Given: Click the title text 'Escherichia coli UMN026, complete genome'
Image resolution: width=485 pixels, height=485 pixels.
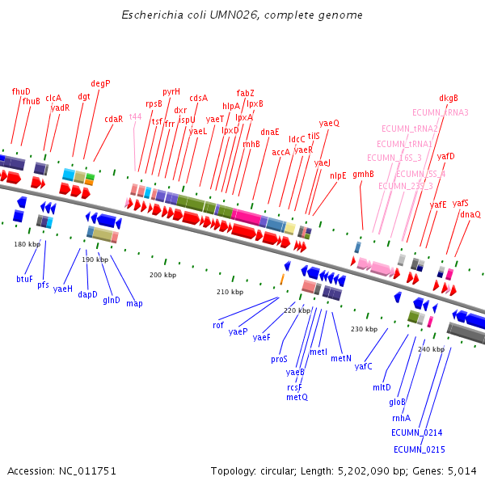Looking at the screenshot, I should tap(242, 15).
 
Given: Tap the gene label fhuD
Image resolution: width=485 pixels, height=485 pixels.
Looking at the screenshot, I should tap(21, 91).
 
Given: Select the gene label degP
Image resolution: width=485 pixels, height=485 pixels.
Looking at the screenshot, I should tap(100, 83).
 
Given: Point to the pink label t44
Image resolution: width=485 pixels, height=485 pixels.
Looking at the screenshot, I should tap(136, 116).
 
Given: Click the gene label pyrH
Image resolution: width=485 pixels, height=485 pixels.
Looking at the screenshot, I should tap(171, 91).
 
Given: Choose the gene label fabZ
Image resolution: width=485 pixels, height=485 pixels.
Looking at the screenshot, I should tap(245, 93).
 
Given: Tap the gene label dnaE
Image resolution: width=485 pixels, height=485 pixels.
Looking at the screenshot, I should tap(270, 132).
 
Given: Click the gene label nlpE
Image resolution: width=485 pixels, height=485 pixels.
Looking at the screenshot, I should tap(338, 175).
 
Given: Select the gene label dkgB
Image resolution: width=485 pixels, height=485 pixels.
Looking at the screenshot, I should tap(449, 98).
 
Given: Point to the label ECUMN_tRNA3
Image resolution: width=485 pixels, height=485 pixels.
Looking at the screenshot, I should tap(440, 112).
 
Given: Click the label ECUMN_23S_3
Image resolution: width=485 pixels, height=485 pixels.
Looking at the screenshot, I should tap(405, 186).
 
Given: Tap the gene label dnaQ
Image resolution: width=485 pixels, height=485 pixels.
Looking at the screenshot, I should tap(470, 214).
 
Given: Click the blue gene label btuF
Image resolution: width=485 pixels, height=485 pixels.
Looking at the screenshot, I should tap(25, 279).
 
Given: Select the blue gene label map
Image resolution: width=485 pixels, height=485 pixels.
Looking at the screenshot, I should tap(134, 303).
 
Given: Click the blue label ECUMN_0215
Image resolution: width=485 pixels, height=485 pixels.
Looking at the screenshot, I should tap(419, 449).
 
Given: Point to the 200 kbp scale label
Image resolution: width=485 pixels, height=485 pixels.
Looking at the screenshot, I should tap(162, 275).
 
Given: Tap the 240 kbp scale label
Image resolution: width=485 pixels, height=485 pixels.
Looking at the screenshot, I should tap(432, 349).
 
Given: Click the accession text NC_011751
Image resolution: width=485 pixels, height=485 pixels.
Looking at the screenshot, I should tap(61, 470).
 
